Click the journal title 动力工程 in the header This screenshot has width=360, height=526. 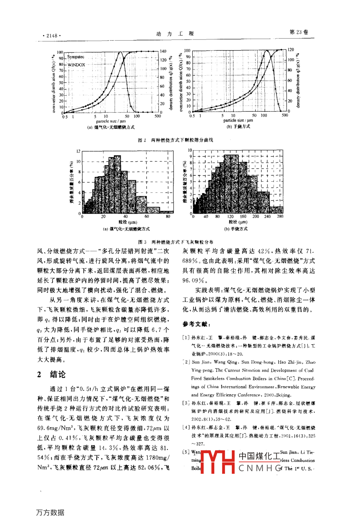coord(175,34)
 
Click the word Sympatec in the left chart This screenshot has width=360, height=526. coord(76,57)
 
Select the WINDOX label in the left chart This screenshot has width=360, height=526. coord(76,64)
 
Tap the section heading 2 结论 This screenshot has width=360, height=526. coord(51,374)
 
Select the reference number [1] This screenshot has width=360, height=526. coord(186,338)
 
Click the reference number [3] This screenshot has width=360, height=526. coord(186,403)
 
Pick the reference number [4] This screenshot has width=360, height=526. coord(186,428)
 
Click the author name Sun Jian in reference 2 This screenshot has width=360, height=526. coord(200,362)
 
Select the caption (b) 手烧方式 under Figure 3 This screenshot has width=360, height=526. coord(236,229)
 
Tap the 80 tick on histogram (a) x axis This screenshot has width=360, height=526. coord(168,216)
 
